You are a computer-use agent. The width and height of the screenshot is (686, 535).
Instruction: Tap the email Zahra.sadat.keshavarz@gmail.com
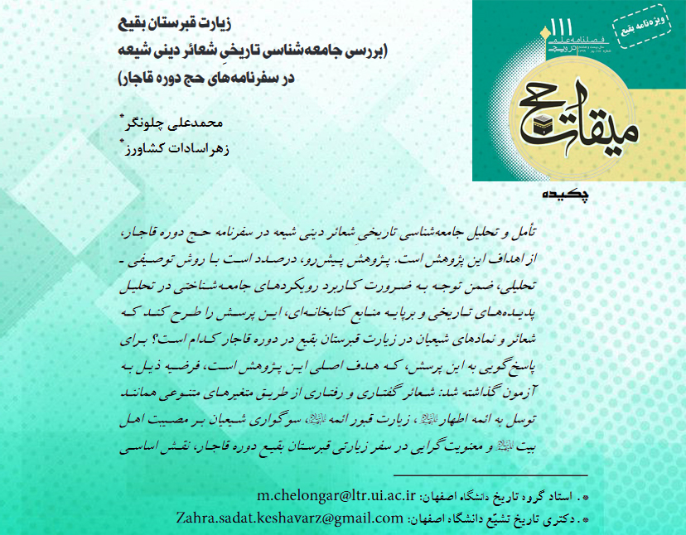[x=289, y=518]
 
